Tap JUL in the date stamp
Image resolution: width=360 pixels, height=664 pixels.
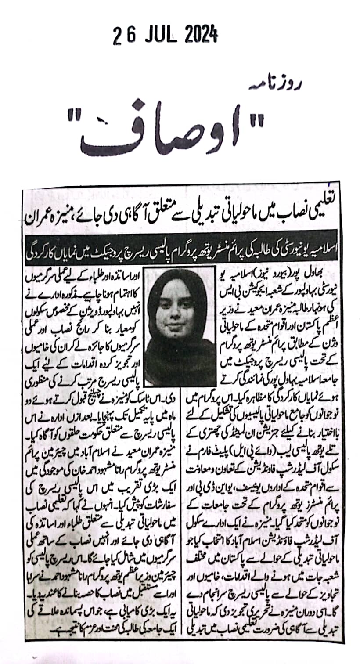pos(154,34)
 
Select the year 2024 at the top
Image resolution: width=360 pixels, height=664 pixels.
pos(197,33)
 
